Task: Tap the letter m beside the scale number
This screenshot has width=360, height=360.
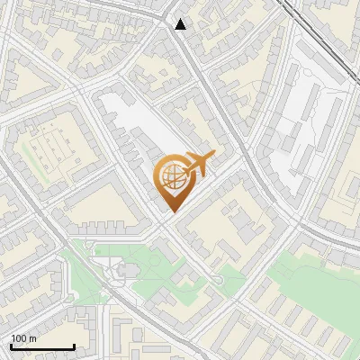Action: pos(32,338)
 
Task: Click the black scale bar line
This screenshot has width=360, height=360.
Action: pos(42,346)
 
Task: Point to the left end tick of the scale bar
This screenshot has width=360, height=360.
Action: pos(11,346)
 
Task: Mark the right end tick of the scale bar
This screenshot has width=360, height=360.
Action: pos(74,346)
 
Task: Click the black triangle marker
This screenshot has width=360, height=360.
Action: pos(181,24)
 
